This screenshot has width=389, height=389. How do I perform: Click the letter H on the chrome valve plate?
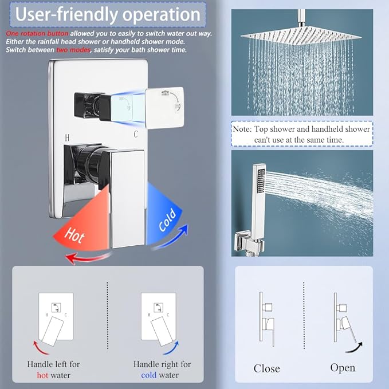[67, 138]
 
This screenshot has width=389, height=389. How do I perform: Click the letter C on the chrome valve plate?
[136, 135]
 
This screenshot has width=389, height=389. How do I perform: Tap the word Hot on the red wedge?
[75, 233]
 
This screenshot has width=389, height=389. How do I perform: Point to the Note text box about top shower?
[301, 134]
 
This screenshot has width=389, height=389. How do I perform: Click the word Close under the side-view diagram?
[266, 368]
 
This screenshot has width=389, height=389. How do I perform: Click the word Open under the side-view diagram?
[342, 368]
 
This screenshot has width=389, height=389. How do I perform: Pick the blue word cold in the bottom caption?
[149, 375]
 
